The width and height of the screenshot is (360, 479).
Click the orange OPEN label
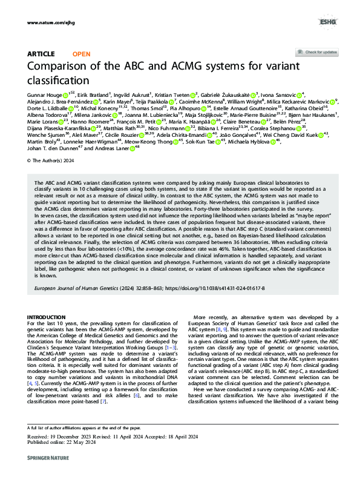(82, 54)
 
